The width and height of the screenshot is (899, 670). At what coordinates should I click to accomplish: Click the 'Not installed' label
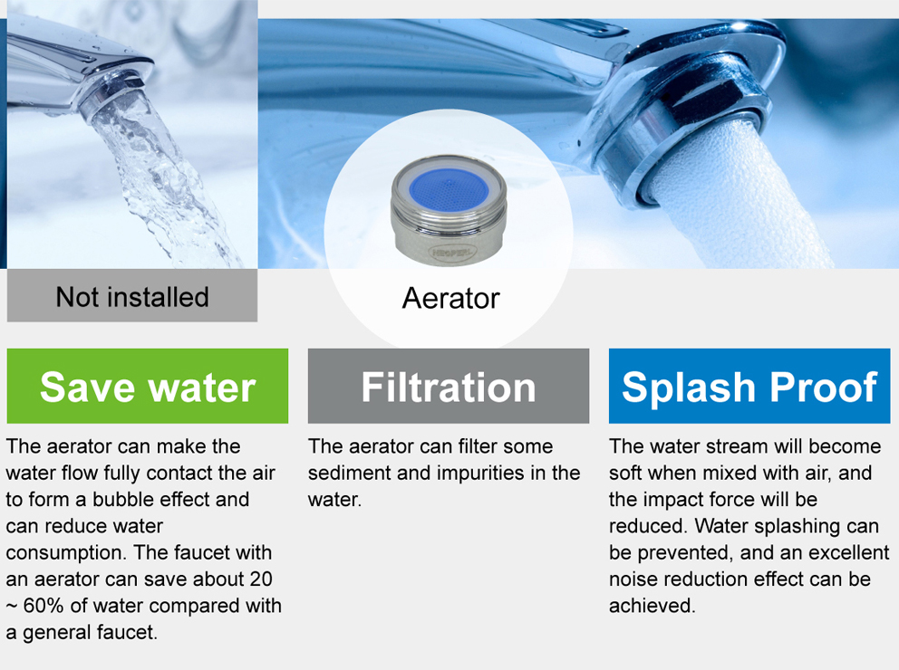[x=132, y=297]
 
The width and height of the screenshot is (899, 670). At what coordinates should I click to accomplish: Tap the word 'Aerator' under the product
[x=450, y=298]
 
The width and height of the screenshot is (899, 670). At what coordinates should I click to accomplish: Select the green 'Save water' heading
[x=148, y=386]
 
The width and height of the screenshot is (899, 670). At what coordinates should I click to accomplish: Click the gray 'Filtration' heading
[x=449, y=386]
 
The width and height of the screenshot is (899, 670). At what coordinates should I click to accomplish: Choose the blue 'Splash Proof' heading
[x=749, y=386]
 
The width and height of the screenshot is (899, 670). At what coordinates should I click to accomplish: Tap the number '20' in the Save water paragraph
[x=260, y=579]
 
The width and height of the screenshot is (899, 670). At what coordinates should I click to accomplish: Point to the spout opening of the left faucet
[x=112, y=92]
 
